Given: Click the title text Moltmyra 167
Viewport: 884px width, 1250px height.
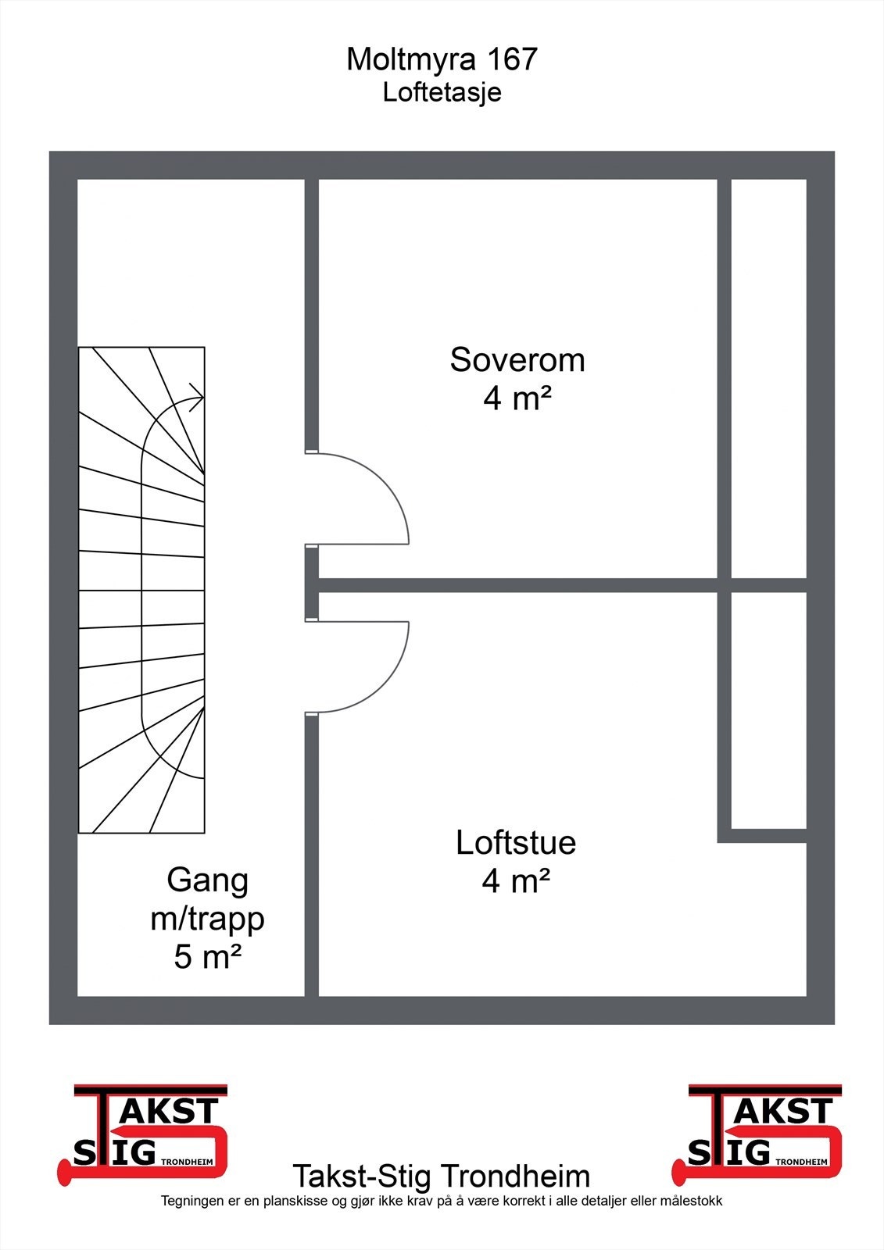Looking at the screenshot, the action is tap(442, 59).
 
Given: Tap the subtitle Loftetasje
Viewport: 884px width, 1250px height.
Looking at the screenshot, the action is tap(442, 93).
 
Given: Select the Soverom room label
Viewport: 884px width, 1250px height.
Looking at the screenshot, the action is tap(517, 360).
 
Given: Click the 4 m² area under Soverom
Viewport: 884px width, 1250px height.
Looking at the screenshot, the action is tap(517, 398).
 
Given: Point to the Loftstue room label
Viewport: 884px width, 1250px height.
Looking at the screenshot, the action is tap(515, 843).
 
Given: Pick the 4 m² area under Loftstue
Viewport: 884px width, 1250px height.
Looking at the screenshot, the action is tap(515, 881).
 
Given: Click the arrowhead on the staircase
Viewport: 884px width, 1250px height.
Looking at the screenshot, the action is tap(198, 398).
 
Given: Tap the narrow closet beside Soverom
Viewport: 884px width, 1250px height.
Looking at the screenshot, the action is tap(769, 378).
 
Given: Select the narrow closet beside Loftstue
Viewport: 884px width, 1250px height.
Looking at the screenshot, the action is tap(769, 710).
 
